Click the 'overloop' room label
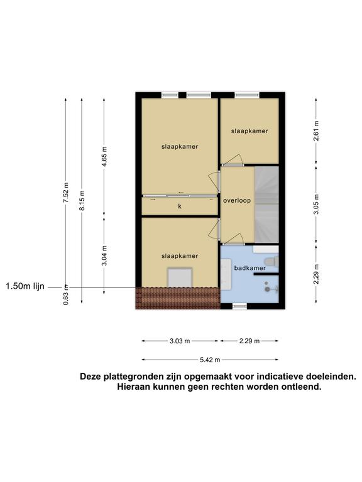(x=237, y=200)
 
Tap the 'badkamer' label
(x=250, y=268)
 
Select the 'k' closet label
(x=180, y=206)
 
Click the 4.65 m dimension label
(x=105, y=157)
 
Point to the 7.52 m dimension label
(x=66, y=193)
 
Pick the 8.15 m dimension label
(x=82, y=201)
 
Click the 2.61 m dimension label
(x=316, y=131)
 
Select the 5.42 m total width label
(x=210, y=360)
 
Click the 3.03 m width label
(x=180, y=341)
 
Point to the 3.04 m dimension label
(x=105, y=255)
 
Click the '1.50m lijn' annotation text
(x=25, y=286)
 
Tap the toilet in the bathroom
(x=271, y=262)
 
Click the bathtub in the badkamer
(x=226, y=274)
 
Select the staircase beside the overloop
(x=266, y=205)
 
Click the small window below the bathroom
(x=239, y=306)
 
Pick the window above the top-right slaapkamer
(x=247, y=95)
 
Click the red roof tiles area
(x=178, y=298)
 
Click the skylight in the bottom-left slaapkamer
(x=180, y=277)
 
